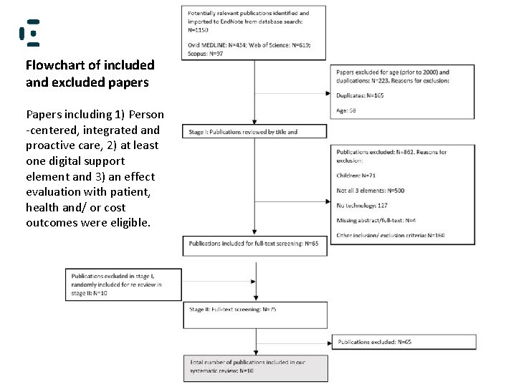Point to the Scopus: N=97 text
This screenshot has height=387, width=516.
204,54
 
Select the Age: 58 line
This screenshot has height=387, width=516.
348,110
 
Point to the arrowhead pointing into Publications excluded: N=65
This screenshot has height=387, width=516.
330,342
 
